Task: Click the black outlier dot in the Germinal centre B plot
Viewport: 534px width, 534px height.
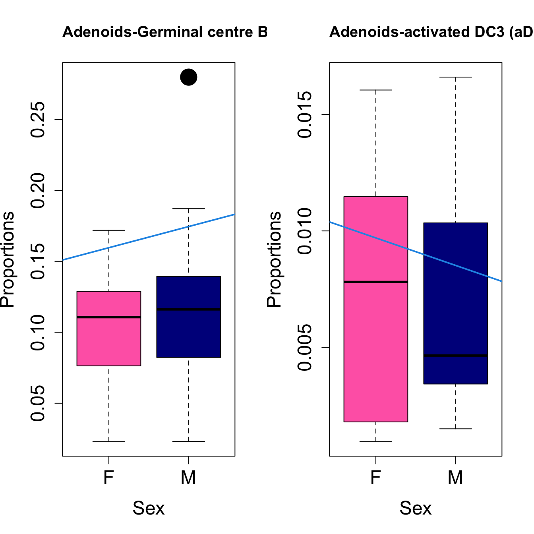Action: tap(189, 77)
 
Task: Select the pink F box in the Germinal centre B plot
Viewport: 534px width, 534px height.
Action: tap(109, 342)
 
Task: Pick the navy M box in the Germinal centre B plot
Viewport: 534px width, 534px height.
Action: tap(189, 334)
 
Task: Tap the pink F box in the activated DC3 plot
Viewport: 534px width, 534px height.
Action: tap(376, 350)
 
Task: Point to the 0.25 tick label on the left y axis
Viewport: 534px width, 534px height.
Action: tap(38, 120)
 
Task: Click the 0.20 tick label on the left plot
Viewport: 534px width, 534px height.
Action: tap(38, 191)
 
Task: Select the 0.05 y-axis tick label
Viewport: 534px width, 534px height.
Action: tap(38, 403)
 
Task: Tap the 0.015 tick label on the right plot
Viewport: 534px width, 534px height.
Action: tap(305, 114)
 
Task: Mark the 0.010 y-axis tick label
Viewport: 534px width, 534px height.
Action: tap(305, 231)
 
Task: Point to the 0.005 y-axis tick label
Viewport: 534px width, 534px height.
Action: tap(305, 347)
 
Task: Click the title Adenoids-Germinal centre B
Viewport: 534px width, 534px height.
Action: tap(165, 32)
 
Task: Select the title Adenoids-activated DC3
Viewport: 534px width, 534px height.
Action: tap(431, 32)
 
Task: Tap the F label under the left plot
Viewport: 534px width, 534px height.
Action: tap(109, 477)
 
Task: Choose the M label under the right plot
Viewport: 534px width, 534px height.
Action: tap(456, 477)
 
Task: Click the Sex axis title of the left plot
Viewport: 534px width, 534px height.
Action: tap(149, 508)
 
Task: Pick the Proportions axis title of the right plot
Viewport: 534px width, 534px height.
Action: tap(274, 259)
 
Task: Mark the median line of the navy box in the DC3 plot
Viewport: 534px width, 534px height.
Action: tap(456, 356)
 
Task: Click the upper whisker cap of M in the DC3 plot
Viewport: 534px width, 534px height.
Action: tap(456, 77)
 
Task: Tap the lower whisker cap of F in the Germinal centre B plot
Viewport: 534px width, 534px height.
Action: tap(109, 441)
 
